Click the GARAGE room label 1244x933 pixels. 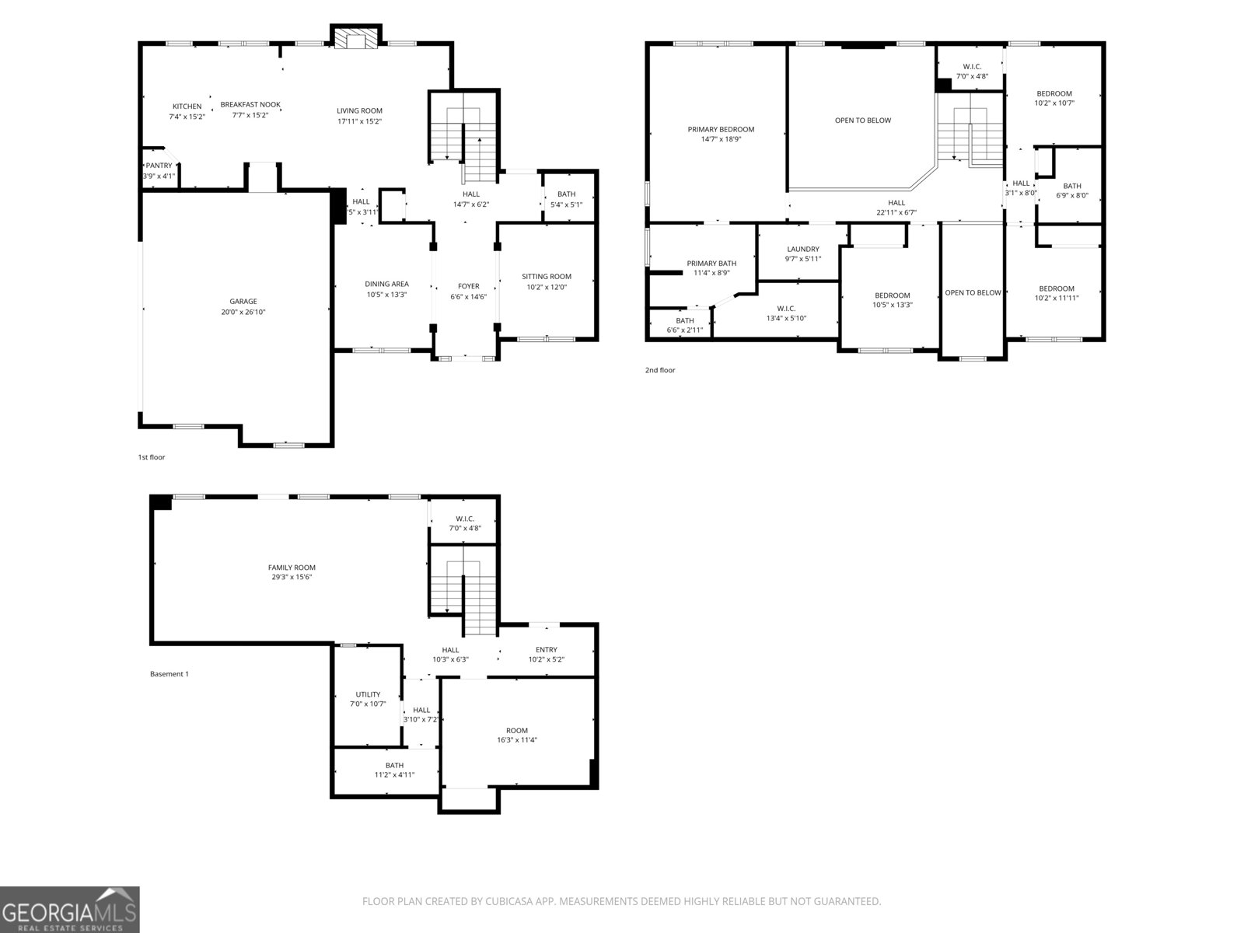243,302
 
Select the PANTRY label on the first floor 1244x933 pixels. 159,166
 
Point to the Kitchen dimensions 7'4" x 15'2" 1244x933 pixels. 187,117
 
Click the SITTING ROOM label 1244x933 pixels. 546,277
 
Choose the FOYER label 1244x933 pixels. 468,286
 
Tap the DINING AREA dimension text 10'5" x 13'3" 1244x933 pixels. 386,295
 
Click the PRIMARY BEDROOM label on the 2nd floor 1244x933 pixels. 720,130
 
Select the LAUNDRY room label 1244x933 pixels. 802,250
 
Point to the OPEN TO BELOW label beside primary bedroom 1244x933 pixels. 862,121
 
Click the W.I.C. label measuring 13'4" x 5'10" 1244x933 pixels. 786,309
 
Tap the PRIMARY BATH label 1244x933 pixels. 711,264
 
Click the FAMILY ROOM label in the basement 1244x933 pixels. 292,568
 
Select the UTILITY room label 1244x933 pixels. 368,694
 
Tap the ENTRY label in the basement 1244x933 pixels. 546,650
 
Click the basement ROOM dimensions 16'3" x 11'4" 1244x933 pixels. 516,740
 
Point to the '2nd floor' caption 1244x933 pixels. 659,370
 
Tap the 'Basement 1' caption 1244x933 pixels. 169,674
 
